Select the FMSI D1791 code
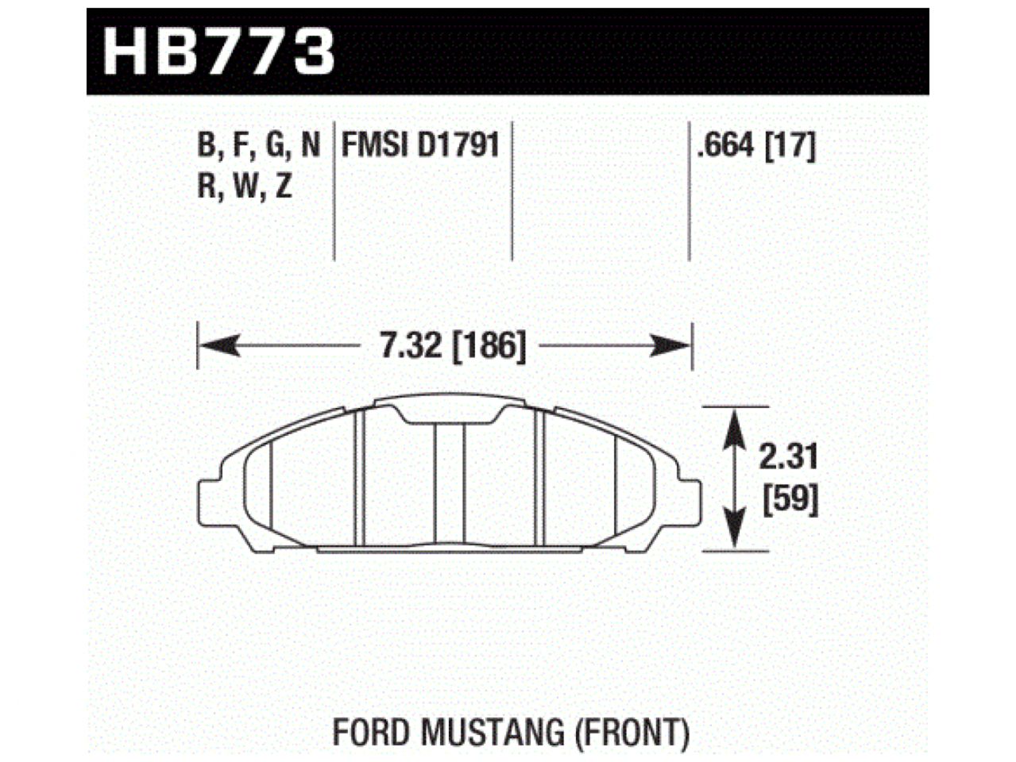tap(420, 145)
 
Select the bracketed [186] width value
tap(489, 346)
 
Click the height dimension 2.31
tap(788, 458)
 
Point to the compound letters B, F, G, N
tap(258, 145)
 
